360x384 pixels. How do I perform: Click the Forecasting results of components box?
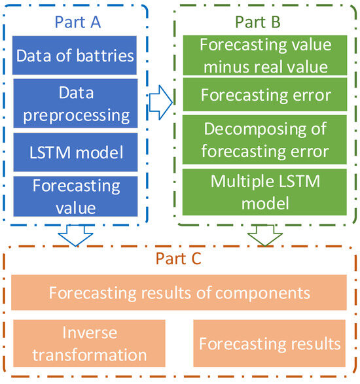click(179, 292)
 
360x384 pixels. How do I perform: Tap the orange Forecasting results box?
click(270, 343)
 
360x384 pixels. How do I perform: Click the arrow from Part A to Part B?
click(160, 100)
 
